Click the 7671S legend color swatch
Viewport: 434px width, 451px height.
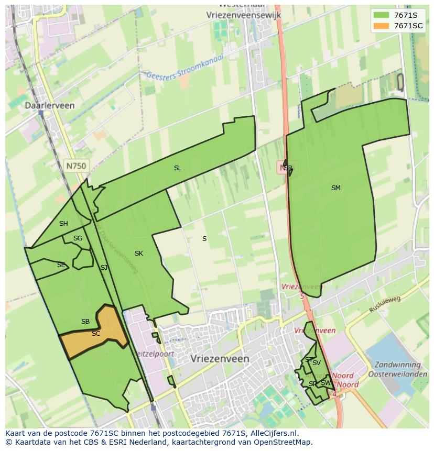point(381,15)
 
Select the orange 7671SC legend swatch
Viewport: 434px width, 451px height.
point(381,26)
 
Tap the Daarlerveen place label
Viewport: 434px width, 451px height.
point(50,105)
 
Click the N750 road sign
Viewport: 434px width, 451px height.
point(77,166)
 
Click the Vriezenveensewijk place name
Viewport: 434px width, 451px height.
point(244,15)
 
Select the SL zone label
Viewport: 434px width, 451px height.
point(178,168)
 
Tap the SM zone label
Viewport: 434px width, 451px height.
point(336,188)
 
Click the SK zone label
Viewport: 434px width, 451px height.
point(138,254)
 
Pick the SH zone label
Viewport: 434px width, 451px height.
point(63,224)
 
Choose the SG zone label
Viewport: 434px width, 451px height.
point(78,238)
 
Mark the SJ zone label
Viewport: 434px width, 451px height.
point(104,268)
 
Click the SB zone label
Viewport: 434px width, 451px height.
point(85,322)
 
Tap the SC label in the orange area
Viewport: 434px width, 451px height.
point(96,334)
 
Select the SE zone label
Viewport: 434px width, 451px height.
point(61,265)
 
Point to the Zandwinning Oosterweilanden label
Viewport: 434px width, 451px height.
point(398,368)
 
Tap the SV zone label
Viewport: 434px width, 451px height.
point(317,363)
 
